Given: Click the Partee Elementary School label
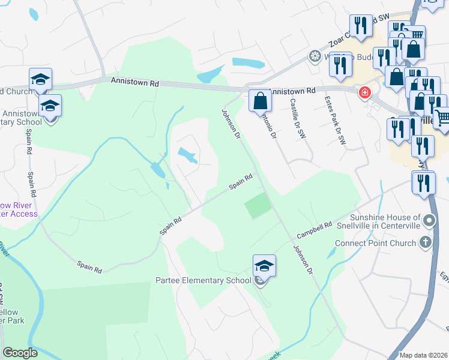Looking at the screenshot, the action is point(203,280).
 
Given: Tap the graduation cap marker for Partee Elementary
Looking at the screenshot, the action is point(264,266).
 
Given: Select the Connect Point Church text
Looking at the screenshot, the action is point(376,243).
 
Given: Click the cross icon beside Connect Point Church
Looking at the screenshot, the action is point(426,242).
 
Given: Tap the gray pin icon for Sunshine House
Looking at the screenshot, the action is point(429,221).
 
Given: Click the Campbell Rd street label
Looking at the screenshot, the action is point(317,230).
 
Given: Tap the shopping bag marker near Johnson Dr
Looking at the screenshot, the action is point(259,101).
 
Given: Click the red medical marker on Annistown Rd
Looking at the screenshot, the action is point(364,93).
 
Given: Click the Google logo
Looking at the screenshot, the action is point(20,353).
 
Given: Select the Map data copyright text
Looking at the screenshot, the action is point(424,355).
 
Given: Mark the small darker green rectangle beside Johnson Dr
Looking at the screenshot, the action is point(258,206).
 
